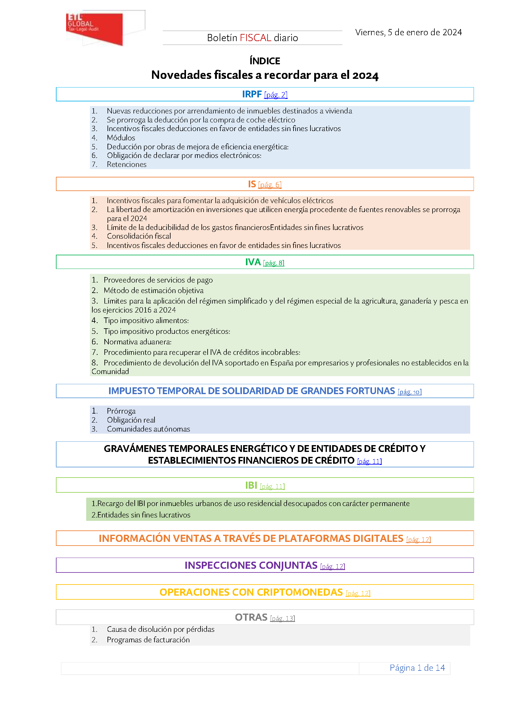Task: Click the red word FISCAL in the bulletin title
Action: (x=255, y=38)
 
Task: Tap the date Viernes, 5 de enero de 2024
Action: (x=408, y=32)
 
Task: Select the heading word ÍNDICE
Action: (x=265, y=61)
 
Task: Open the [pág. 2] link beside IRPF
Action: (x=276, y=95)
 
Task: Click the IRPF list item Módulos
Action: (x=121, y=138)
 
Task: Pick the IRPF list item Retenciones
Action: (x=126, y=164)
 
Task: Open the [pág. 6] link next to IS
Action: (x=270, y=185)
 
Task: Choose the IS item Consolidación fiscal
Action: (x=139, y=236)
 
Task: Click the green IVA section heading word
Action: (x=253, y=262)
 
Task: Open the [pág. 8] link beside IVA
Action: (x=273, y=263)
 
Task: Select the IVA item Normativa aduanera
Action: (x=137, y=342)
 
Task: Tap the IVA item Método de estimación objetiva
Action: (x=154, y=290)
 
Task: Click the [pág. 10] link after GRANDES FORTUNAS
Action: (x=409, y=392)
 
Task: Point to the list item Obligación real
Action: (x=131, y=420)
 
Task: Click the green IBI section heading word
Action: (x=251, y=485)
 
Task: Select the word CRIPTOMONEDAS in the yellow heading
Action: (x=303, y=592)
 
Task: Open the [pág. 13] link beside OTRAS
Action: (x=282, y=619)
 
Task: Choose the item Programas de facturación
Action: (x=148, y=640)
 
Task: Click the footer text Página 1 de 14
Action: (x=417, y=668)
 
